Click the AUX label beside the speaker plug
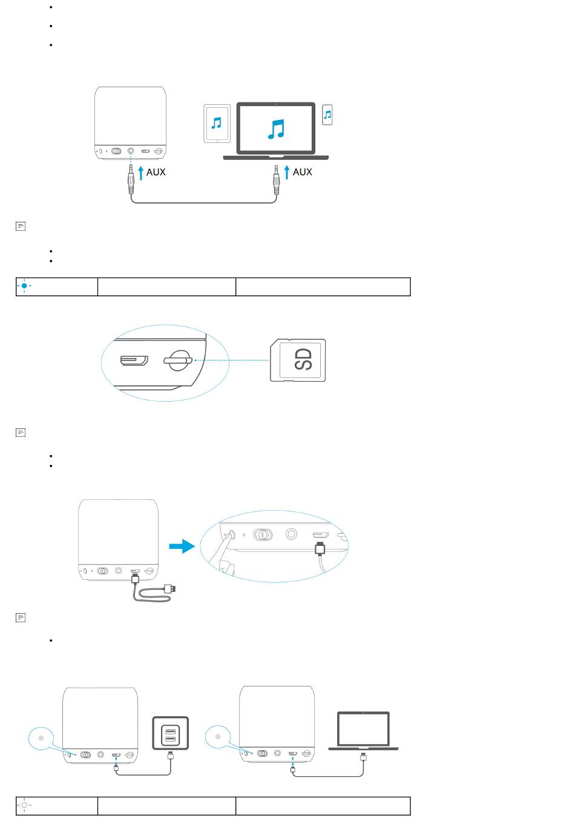[156, 172]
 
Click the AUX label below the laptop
[303, 172]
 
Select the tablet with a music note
[217, 124]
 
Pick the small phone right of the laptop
[327, 115]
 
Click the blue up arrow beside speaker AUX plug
[140, 173]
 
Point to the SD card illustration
[298, 360]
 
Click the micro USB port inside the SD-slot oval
[134, 360]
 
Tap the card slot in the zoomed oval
[178, 360]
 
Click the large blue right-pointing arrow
[182, 547]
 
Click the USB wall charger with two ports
[171, 733]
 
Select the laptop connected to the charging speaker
[363, 731]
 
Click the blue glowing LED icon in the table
[24, 286]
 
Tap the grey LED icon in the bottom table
[24, 805]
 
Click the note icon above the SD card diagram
[21, 226]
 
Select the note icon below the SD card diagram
[21, 433]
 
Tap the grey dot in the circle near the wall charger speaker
[41, 739]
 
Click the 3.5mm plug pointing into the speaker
[131, 179]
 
